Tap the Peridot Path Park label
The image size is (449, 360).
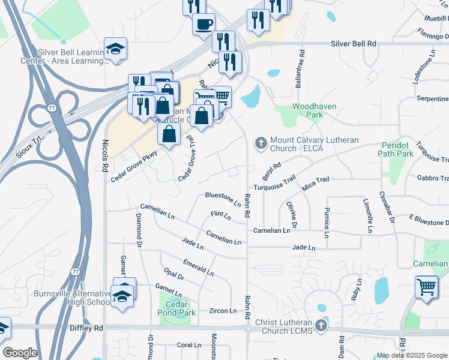[396, 149]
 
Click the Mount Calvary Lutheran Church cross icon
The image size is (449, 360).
[261, 143]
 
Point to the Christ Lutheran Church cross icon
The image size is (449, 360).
[321, 326]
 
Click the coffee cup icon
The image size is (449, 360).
[204, 24]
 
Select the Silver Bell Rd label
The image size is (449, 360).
[354, 44]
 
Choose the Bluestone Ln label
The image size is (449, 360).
[223, 196]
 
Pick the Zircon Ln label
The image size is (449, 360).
[222, 311]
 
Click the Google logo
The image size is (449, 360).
[20, 353]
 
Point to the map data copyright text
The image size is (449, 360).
[412, 355]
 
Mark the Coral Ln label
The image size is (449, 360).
[189, 345]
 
